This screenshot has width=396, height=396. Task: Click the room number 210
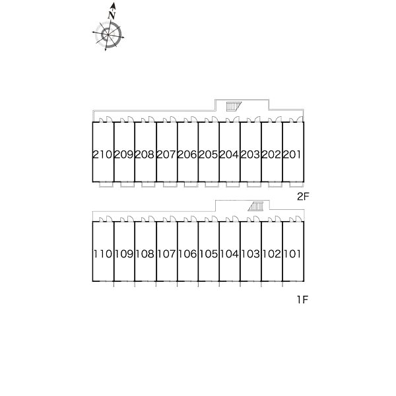point(102,154)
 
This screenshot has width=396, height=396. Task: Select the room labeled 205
point(209,154)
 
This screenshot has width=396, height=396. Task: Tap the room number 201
point(292,154)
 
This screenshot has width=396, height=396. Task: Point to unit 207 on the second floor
point(166,154)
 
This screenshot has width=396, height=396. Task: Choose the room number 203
point(250,154)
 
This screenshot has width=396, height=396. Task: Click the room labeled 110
point(102,254)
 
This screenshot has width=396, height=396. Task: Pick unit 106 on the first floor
point(187,254)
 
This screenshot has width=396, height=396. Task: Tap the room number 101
point(292,254)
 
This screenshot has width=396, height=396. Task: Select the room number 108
point(145,254)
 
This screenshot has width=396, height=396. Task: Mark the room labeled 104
point(229,254)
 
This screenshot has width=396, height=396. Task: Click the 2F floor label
point(303,197)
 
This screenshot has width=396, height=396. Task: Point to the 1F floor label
point(302,300)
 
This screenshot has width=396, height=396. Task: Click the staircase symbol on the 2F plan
point(234,106)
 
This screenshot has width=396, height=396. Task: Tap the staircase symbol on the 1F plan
point(256,206)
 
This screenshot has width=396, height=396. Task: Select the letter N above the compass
point(112,16)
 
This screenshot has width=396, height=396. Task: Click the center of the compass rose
point(108,34)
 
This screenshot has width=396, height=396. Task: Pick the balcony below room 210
point(106,185)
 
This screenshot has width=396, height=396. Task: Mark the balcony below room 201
point(296,185)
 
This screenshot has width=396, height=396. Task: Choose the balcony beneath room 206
point(191,185)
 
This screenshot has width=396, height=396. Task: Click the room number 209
point(124,154)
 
